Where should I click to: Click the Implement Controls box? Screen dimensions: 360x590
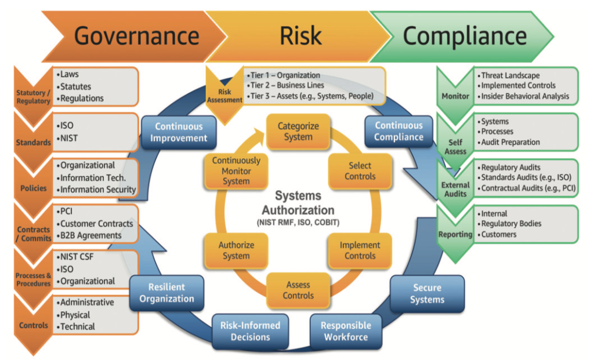pos(360,250)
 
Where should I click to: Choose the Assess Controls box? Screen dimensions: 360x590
pos(298,290)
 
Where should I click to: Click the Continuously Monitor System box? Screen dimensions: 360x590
pos(236,171)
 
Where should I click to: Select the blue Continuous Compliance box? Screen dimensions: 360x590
pos(399,131)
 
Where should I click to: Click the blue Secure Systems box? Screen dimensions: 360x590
pos(427,293)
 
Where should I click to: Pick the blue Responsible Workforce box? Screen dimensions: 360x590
pos(346,331)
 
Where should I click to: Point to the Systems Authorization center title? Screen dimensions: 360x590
pos(297,203)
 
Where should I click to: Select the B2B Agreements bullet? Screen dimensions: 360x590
pos(90,235)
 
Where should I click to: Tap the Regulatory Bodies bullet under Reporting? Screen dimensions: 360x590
pos(511,224)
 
